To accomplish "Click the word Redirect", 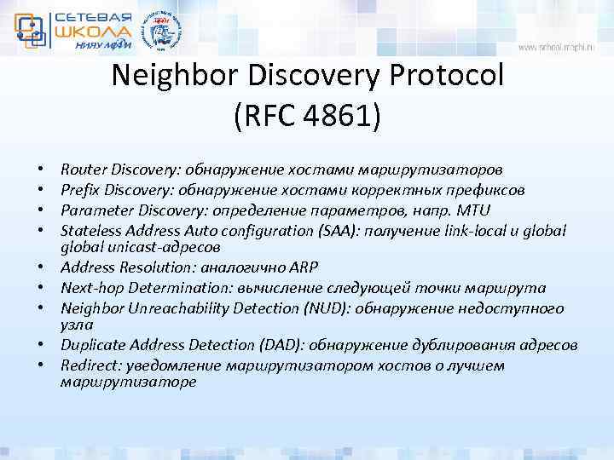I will click(x=88, y=365).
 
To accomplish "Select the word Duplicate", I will click(x=93, y=346).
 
